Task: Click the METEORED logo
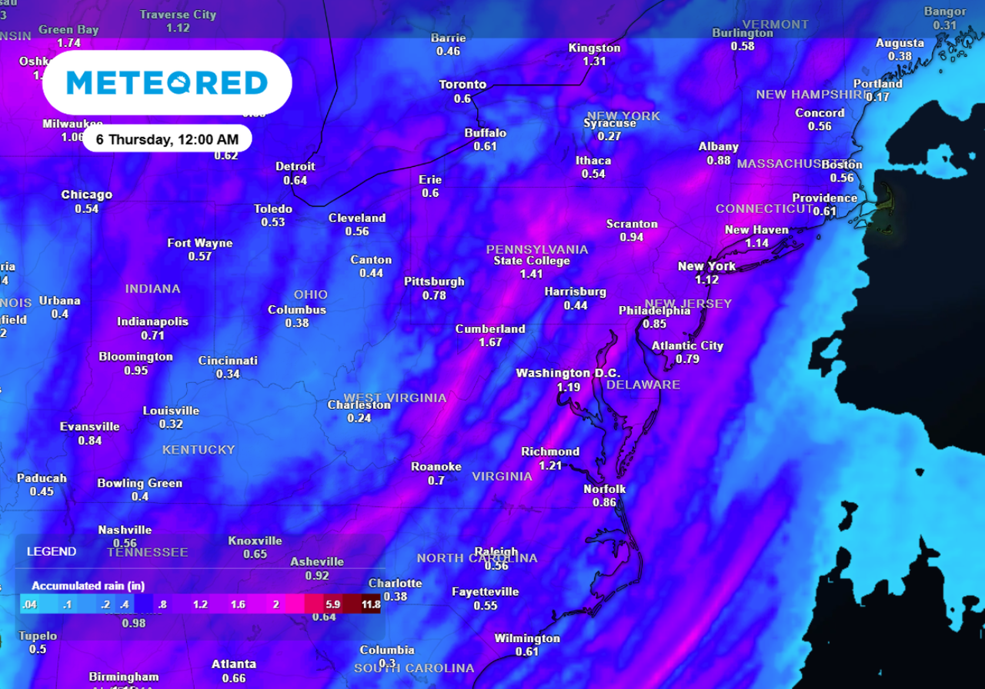pos(167,82)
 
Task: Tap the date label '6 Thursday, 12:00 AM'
pos(167,139)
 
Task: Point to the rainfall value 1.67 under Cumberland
pos(490,342)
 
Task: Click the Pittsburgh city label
pos(434,281)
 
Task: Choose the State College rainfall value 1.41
pos(531,274)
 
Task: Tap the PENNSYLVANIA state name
pos(537,249)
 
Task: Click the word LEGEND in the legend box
pos(52,551)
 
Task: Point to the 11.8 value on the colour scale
pos(371,604)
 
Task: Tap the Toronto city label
pos(462,85)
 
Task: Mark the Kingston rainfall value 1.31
pos(594,61)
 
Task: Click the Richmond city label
pos(550,451)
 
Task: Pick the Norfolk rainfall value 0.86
pos(605,502)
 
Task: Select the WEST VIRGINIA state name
pos(395,398)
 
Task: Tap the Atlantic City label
pos(688,345)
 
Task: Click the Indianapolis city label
pos(152,321)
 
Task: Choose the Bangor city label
pos(944,12)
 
